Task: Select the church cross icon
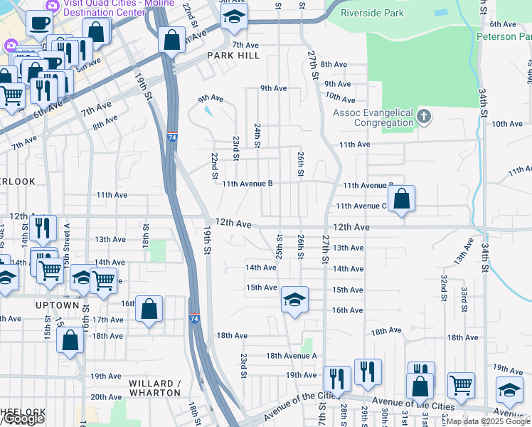pos(423,116)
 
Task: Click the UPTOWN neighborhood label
pos(58,305)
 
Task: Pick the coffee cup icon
pos(38,22)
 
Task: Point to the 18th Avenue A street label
pos(291,355)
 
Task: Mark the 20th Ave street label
pos(106,397)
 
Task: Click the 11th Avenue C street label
pos(361,206)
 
